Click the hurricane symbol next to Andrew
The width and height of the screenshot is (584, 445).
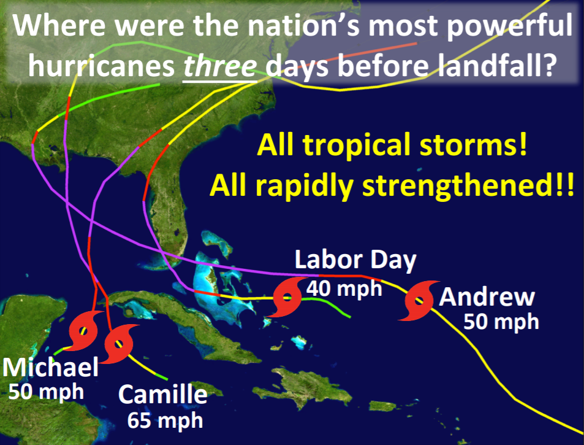point(419,300)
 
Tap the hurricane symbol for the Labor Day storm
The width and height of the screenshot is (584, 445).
point(287,297)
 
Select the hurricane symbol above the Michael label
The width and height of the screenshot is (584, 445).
point(84,330)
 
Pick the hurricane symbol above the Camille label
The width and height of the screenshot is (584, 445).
point(119,344)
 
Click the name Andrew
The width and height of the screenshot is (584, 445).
point(487,297)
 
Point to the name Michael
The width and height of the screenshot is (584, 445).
point(51,367)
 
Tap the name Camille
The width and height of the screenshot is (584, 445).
point(163,395)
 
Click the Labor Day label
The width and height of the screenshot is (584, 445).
point(355,260)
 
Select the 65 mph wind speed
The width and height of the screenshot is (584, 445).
point(165,420)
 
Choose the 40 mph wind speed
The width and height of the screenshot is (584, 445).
point(344,288)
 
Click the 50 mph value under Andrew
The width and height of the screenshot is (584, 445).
point(501,322)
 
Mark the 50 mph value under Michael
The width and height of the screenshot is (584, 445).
point(46,392)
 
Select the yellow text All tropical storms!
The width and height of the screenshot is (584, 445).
point(392,145)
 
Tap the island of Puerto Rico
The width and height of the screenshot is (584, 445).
point(382,406)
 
